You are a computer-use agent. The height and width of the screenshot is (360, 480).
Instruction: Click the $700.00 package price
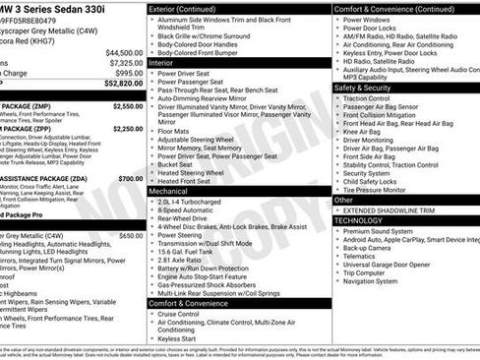coord(130,178)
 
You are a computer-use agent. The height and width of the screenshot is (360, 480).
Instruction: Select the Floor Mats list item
coord(177,129)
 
